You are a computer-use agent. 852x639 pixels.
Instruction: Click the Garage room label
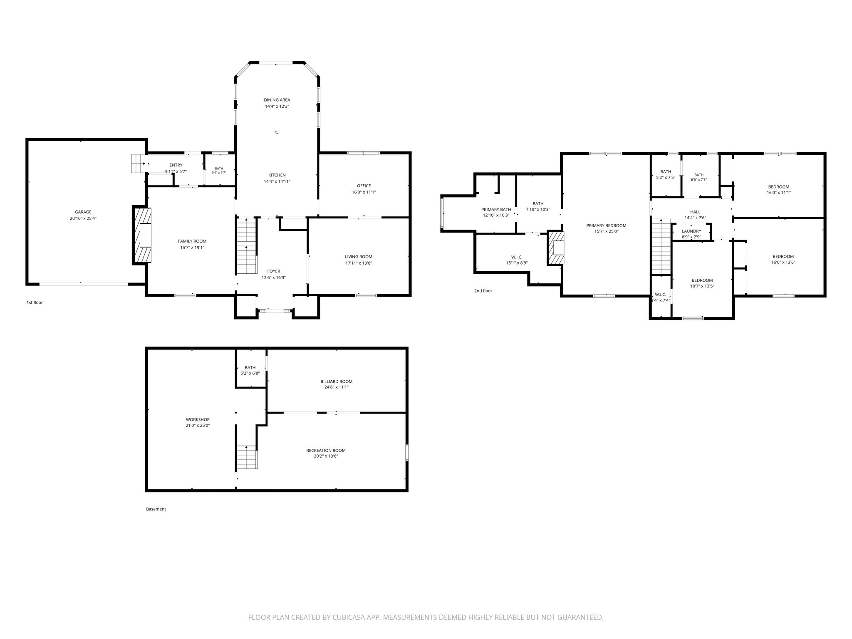[x=83, y=212]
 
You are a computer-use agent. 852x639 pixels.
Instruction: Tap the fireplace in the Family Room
[x=142, y=235]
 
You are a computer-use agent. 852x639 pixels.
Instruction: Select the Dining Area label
[x=277, y=100]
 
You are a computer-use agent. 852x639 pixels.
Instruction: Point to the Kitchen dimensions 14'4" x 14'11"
[x=277, y=181]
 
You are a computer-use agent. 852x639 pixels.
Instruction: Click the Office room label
[x=364, y=186]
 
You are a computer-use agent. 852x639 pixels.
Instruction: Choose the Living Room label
[x=359, y=257]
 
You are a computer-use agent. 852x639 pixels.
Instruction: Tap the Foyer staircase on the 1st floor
[x=247, y=246]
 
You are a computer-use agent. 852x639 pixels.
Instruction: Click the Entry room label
[x=176, y=165]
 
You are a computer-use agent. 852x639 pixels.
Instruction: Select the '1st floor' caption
[x=35, y=302]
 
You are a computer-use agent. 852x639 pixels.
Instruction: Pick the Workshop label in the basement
[x=198, y=420]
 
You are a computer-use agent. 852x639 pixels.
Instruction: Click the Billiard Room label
[x=337, y=381]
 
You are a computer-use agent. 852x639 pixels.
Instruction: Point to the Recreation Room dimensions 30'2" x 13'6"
[x=326, y=456]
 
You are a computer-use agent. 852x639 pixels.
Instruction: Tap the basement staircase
[x=247, y=457]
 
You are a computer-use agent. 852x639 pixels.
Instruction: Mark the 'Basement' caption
[x=156, y=509]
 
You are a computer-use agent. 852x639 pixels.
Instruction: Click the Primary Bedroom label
[x=606, y=226]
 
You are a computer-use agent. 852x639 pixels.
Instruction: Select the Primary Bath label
[x=496, y=210]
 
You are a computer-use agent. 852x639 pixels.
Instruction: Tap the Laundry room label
[x=691, y=231]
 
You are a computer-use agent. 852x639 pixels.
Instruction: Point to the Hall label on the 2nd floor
[x=695, y=212]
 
